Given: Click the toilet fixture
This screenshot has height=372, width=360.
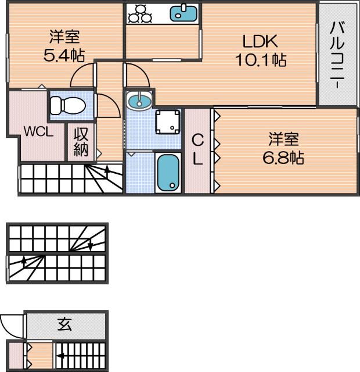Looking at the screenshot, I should pyautogui.click(x=67, y=105).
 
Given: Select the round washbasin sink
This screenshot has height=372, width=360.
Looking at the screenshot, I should pyautogui.click(x=139, y=102).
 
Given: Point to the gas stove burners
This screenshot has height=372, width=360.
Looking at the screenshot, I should pyautogui.click(x=139, y=13).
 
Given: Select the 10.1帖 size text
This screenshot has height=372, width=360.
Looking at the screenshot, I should pyautogui.click(x=260, y=59).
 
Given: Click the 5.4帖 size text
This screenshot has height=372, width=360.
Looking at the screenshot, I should pyautogui.click(x=64, y=56).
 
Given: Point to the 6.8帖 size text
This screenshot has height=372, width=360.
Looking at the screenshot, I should pyautogui.click(x=283, y=157).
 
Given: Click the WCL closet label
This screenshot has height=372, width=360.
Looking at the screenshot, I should pyautogui.click(x=38, y=131).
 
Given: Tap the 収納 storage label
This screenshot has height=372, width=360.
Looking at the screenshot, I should pyautogui.click(x=80, y=143).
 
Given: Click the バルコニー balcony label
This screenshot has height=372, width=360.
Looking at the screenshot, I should pyautogui.click(x=337, y=55).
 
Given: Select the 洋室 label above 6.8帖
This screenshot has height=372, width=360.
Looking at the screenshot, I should pyautogui.click(x=283, y=139).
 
